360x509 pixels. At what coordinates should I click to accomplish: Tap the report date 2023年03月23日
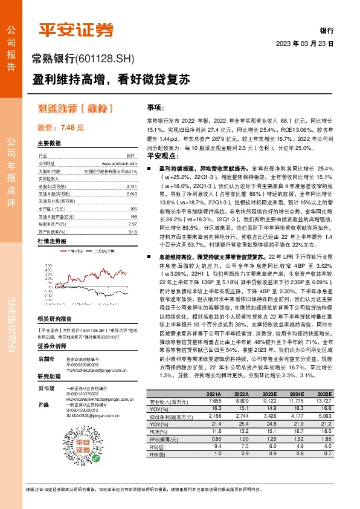point(304,44)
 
